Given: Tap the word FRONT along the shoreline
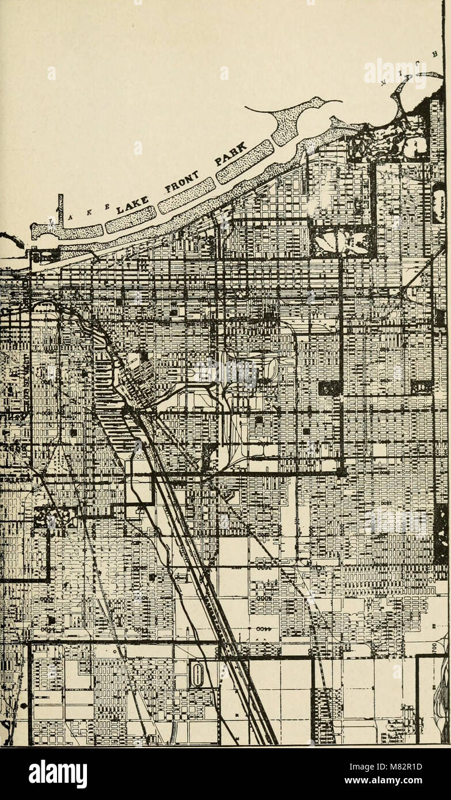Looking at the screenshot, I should click(x=181, y=181).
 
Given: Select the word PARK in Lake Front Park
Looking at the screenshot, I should click(x=232, y=156).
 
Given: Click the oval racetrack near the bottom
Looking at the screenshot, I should click(x=197, y=674).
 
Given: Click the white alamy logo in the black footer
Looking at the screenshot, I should click(x=58, y=774).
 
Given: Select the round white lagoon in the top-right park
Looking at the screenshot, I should click(x=415, y=147).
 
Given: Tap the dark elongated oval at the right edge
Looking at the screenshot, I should click(x=439, y=203).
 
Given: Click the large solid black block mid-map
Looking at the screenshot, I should click(x=329, y=388).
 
